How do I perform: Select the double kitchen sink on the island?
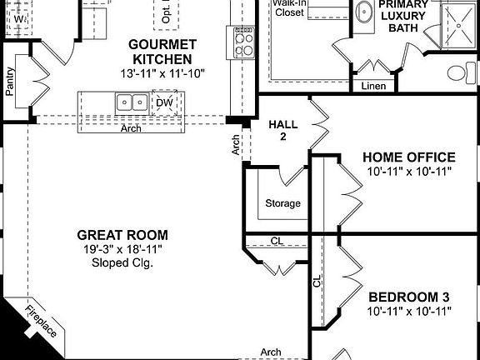(132, 102)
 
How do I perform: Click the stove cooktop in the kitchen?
(244, 42)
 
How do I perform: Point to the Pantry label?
(10, 82)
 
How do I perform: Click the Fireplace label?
(40, 321)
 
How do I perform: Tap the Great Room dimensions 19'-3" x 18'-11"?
(122, 249)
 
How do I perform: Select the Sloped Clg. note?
(122, 263)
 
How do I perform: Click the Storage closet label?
(282, 203)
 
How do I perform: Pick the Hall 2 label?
(277, 131)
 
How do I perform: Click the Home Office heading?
(408, 157)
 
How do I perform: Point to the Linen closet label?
(373, 87)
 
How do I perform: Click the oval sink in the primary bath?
(362, 12)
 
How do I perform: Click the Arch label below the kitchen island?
(130, 129)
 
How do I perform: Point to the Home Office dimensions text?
(408, 172)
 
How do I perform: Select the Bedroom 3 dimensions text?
(408, 312)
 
